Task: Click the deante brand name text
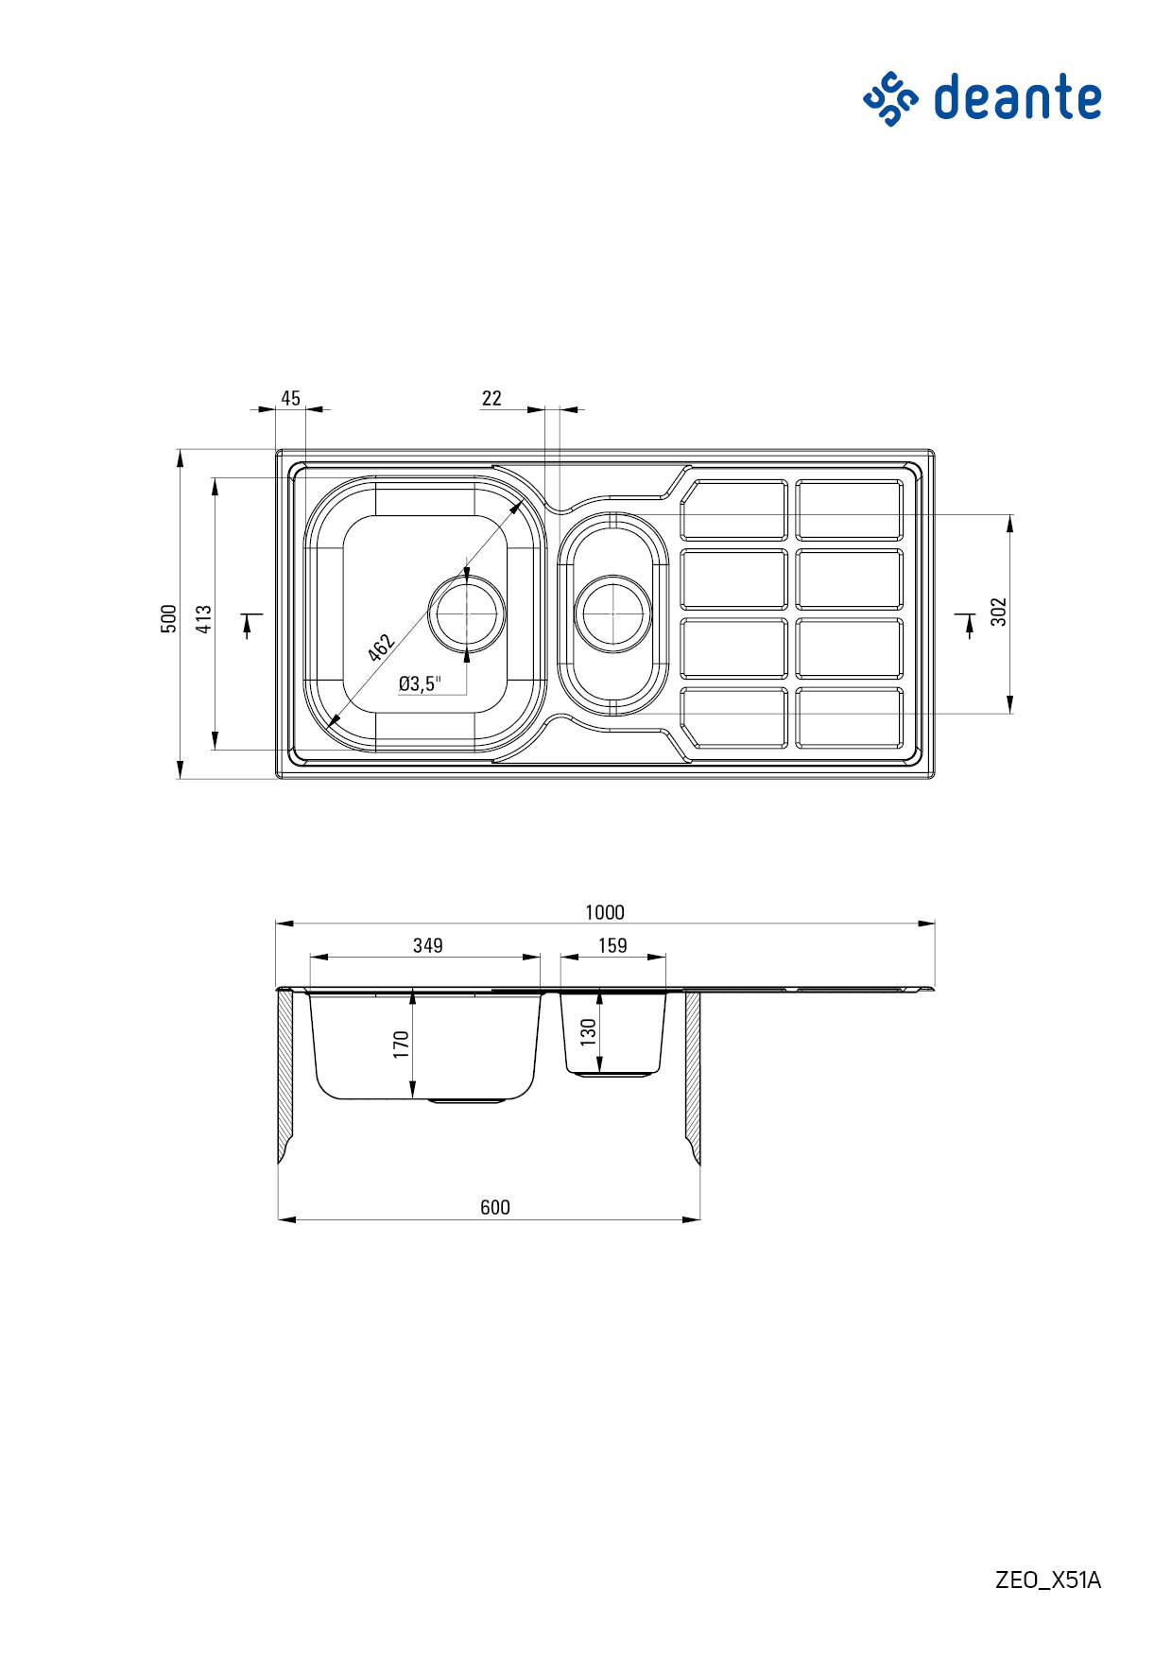[x=1018, y=97]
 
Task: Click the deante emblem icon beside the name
[x=890, y=98]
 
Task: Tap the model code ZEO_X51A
[x=1048, y=1580]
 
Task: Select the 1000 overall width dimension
[x=605, y=912]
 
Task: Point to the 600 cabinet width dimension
[x=495, y=1207]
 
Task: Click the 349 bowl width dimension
[x=428, y=945]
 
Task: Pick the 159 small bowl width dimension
[x=612, y=945]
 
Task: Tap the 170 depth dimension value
[x=401, y=1045]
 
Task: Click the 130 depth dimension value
[x=588, y=1031]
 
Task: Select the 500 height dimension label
[x=168, y=618]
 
